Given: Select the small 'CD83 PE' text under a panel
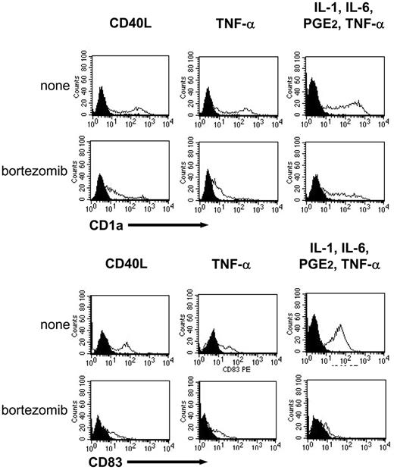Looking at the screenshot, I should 224,370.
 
